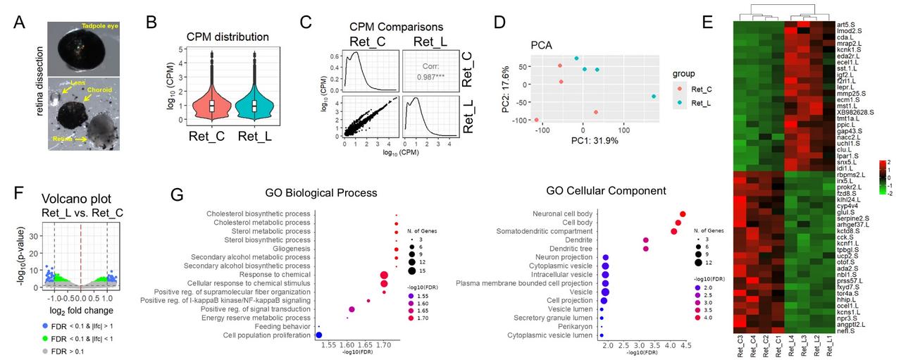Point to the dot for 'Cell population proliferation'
[319, 335]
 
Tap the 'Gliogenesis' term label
[292, 249]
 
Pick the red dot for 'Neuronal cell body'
[682, 213]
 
